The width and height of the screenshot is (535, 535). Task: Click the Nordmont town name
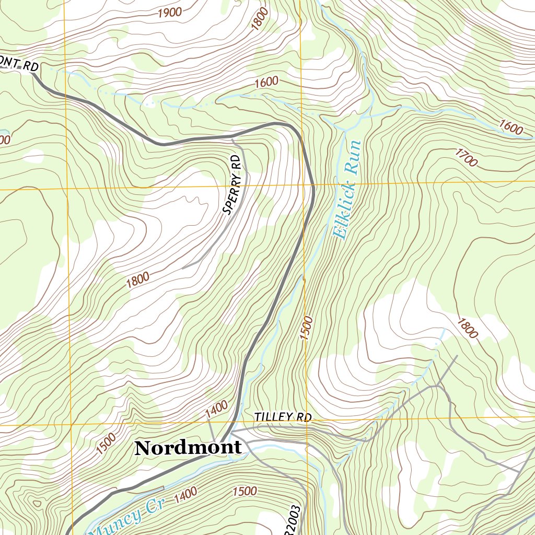coord(188,448)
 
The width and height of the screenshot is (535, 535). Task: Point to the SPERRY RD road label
coord(233,184)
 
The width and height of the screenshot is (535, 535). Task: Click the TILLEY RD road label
coord(283,417)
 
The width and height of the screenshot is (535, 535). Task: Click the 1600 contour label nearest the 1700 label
coord(511,127)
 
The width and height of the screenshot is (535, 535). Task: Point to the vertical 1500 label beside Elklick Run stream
coord(307,328)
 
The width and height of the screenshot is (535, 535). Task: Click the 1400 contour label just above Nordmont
coord(216,409)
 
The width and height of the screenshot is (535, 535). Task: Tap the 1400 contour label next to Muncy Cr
coord(185,494)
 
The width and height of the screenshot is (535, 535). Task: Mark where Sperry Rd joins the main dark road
coord(231,137)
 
